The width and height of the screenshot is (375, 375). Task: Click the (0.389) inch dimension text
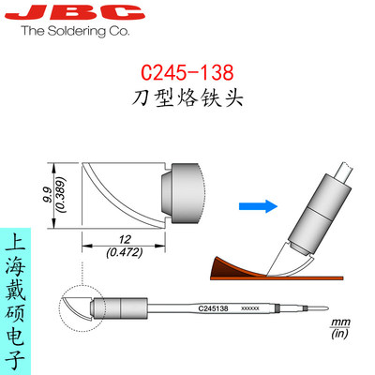click(59, 192)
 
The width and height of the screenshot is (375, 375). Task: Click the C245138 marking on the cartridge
click(217, 307)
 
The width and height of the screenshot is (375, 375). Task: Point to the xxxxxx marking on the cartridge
click(249, 307)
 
